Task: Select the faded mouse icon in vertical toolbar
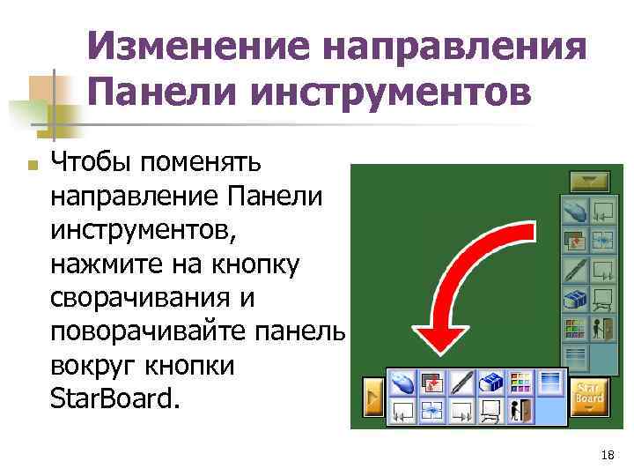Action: tap(575, 212)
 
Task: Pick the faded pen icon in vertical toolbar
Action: tap(575, 270)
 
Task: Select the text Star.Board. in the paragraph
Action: tap(115, 400)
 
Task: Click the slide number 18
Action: tap(606, 455)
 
